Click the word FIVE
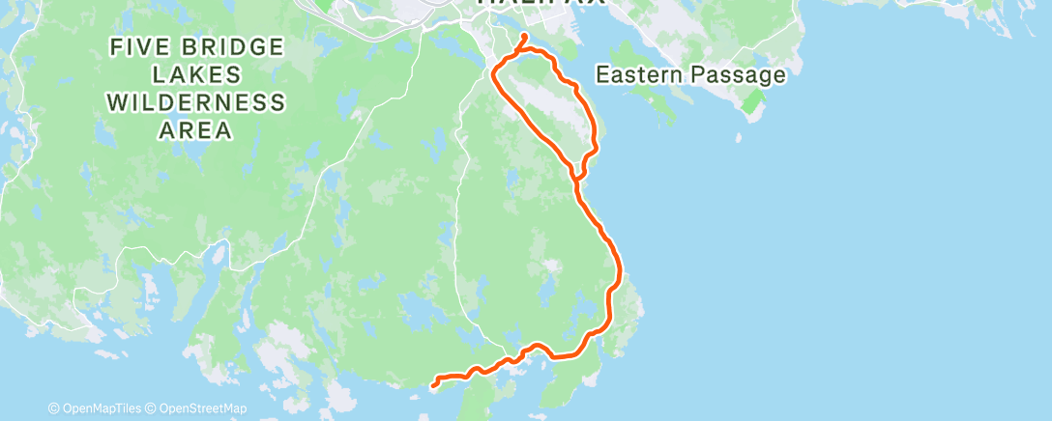pyautogui.click(x=137, y=47)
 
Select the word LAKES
pyautogui.click(x=196, y=75)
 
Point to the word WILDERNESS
pyautogui.click(x=196, y=103)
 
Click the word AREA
pyautogui.click(x=196, y=130)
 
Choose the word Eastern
pyautogui.click(x=638, y=74)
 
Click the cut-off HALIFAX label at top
pyautogui.click(x=541, y=4)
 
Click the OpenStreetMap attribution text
pyautogui.click(x=203, y=409)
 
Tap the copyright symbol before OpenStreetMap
pyautogui.click(x=153, y=409)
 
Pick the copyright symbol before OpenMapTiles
pyautogui.click(x=53, y=409)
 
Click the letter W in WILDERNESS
pyautogui.click(x=118, y=103)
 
